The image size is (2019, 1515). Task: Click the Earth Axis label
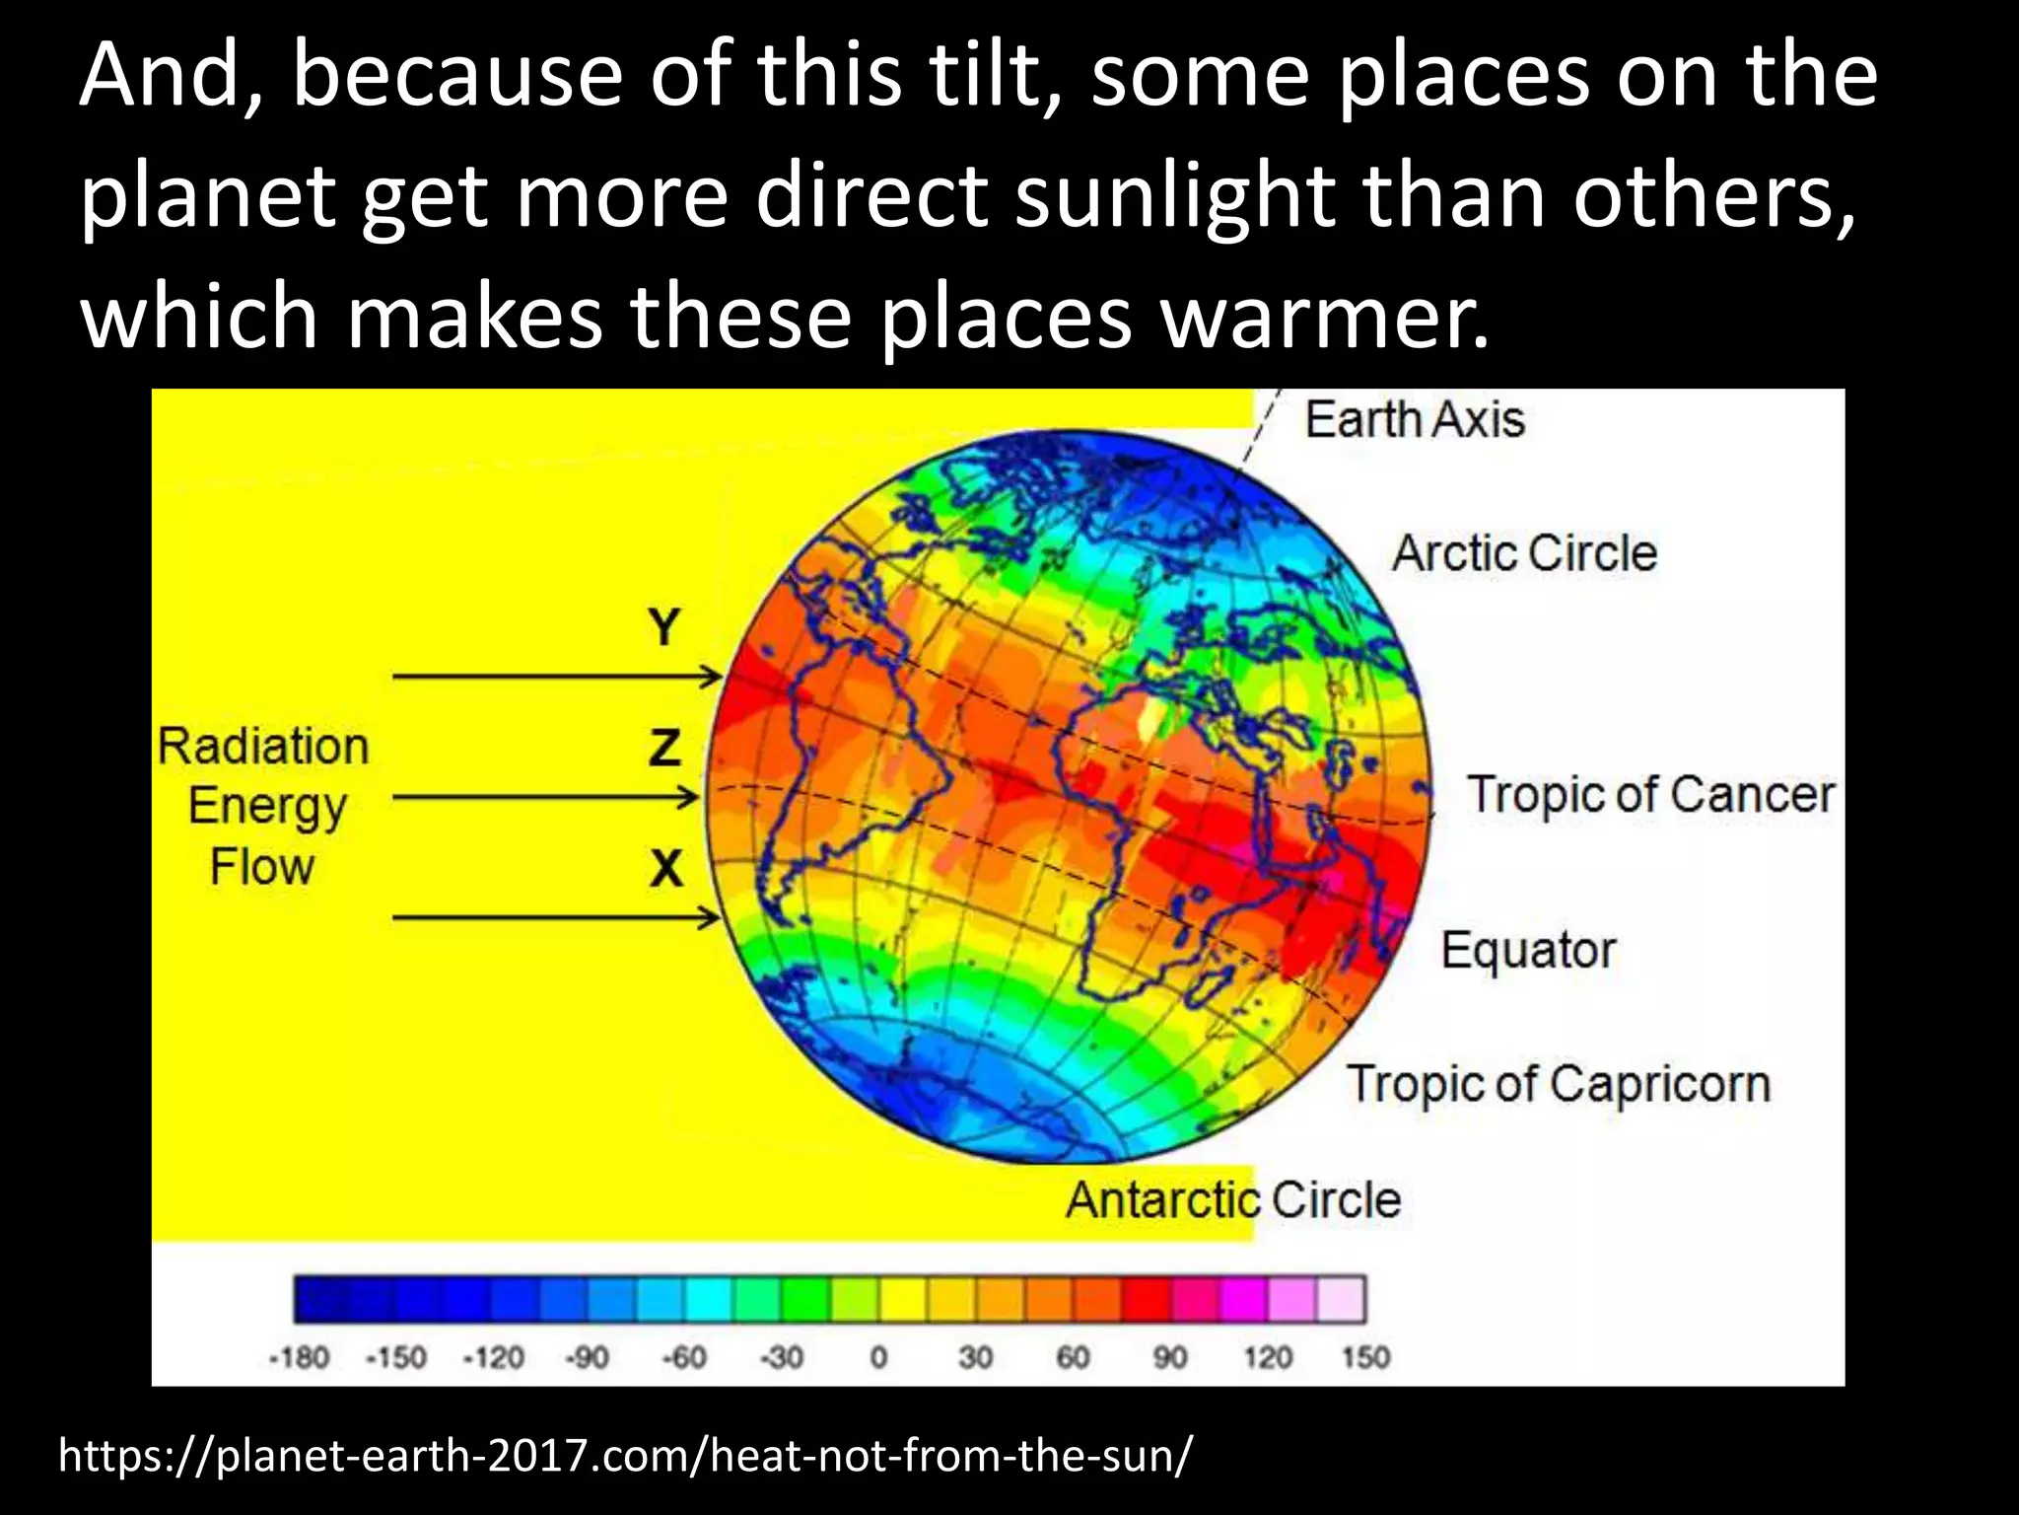pyautogui.click(x=1415, y=419)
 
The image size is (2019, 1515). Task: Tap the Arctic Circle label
pyautogui.click(x=1524, y=552)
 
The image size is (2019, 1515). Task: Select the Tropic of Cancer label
pyautogui.click(x=1650, y=795)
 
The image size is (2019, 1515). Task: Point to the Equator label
pyautogui.click(x=1528, y=950)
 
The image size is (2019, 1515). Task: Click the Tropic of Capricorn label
pyautogui.click(x=1559, y=1084)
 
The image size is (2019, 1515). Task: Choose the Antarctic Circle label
pyautogui.click(x=1232, y=1200)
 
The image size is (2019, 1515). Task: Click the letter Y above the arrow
pyautogui.click(x=664, y=627)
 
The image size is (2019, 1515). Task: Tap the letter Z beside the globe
pyautogui.click(x=664, y=748)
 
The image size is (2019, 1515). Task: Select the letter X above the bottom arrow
pyautogui.click(x=666, y=869)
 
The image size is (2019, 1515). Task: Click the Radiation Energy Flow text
pyautogui.click(x=263, y=806)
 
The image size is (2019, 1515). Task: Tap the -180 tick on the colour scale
pyautogui.click(x=299, y=1358)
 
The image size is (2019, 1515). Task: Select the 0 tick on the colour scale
pyautogui.click(x=878, y=1358)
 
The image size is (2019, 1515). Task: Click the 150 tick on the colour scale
pyautogui.click(x=1364, y=1358)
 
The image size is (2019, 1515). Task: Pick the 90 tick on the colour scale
pyautogui.click(x=1169, y=1358)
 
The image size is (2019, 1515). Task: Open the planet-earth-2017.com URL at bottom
pyautogui.click(x=625, y=1455)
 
